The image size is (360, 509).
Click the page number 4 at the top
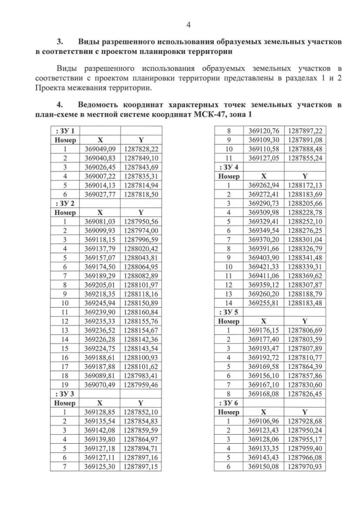(188, 24)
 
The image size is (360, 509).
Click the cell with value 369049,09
(100, 149)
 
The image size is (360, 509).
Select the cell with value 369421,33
(264, 267)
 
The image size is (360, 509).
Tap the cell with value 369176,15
(264, 330)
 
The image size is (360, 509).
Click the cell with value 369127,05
(264, 158)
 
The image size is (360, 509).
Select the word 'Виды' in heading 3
(90, 42)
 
